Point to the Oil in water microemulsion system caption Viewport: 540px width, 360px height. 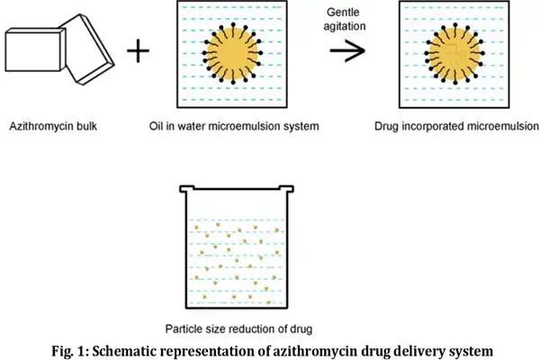click(232, 127)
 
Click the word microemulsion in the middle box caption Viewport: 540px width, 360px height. click(247, 127)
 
